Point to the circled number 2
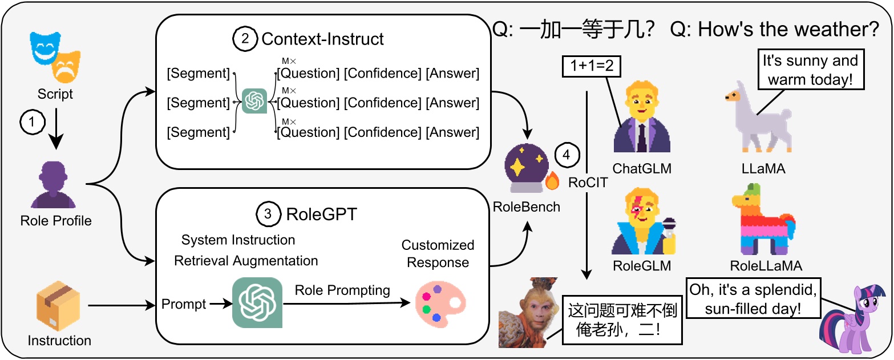[244, 39]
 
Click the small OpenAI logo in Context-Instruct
[254, 102]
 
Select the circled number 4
[567, 155]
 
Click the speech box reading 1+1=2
[592, 67]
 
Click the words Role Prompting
[342, 290]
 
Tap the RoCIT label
[587, 183]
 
